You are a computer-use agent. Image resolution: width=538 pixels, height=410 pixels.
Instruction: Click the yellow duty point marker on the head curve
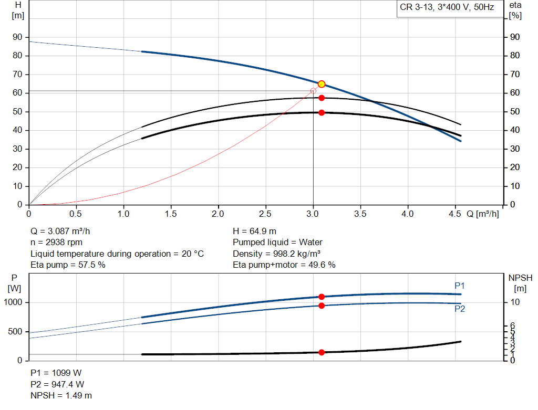(x=322, y=84)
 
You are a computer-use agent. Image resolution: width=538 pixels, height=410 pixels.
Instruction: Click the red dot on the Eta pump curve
(x=322, y=98)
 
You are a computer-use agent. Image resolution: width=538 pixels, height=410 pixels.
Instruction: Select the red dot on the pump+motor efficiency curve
(x=322, y=112)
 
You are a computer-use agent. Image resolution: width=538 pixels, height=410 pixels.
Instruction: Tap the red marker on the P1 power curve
(x=322, y=297)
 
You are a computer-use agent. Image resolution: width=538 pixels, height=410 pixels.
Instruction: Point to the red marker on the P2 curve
(x=322, y=306)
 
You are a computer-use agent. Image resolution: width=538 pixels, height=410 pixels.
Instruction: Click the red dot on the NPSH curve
(x=322, y=352)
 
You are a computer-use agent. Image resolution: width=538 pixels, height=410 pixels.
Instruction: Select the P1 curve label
(x=460, y=286)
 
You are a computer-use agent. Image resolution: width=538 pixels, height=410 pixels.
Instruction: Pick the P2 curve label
(x=460, y=309)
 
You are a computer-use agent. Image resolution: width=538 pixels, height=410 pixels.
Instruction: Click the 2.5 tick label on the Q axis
(x=266, y=214)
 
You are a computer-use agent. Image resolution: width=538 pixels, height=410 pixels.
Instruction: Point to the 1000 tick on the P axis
(x=14, y=302)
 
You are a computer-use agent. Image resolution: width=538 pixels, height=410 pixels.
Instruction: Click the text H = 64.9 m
(x=254, y=231)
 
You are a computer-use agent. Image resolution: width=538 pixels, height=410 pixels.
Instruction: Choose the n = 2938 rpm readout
(x=56, y=243)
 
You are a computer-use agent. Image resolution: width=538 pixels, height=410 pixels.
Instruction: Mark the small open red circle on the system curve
(x=313, y=91)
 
